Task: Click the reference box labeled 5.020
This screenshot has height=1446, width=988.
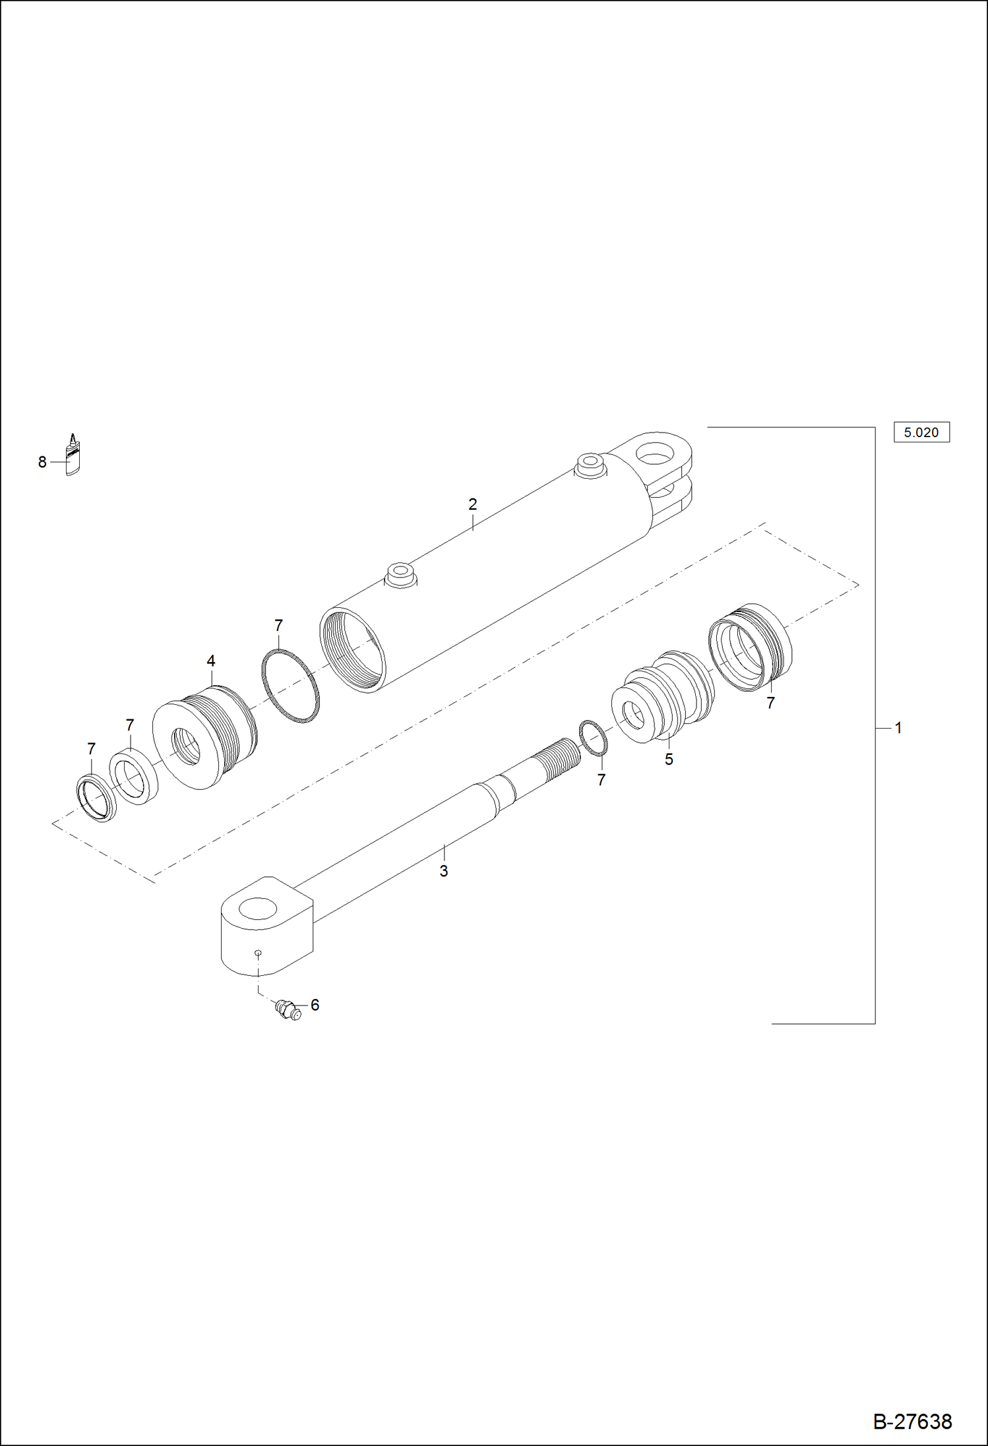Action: click(x=921, y=433)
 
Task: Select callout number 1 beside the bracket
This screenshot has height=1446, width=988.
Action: click(x=898, y=728)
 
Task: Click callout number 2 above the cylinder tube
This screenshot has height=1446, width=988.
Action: click(x=472, y=504)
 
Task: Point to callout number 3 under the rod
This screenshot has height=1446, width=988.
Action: click(x=444, y=871)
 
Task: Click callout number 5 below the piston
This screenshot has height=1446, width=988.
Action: click(x=669, y=760)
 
